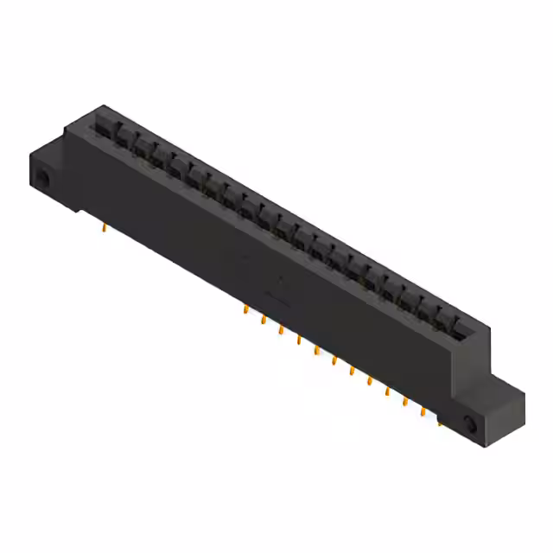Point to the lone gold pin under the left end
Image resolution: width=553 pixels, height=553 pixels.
(105, 229)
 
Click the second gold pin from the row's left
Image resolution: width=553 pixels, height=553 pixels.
(263, 320)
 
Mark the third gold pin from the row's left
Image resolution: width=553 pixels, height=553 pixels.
(281, 329)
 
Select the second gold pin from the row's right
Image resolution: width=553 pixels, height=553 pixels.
(423, 411)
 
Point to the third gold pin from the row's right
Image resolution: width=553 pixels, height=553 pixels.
(404, 401)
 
